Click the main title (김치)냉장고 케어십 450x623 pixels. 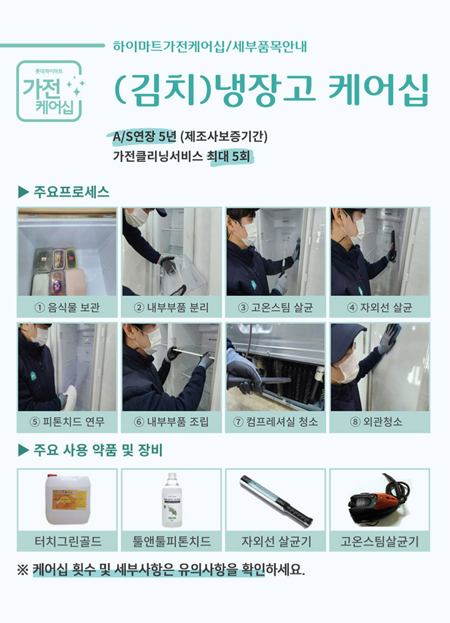271,91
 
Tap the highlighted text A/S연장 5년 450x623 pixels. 144,137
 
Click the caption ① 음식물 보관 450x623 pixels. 67,308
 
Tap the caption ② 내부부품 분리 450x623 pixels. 172,308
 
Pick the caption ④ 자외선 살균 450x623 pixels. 380,308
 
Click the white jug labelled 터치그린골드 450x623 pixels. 67,500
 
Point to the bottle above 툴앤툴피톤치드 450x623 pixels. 171,500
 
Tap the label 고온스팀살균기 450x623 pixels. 380,541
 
